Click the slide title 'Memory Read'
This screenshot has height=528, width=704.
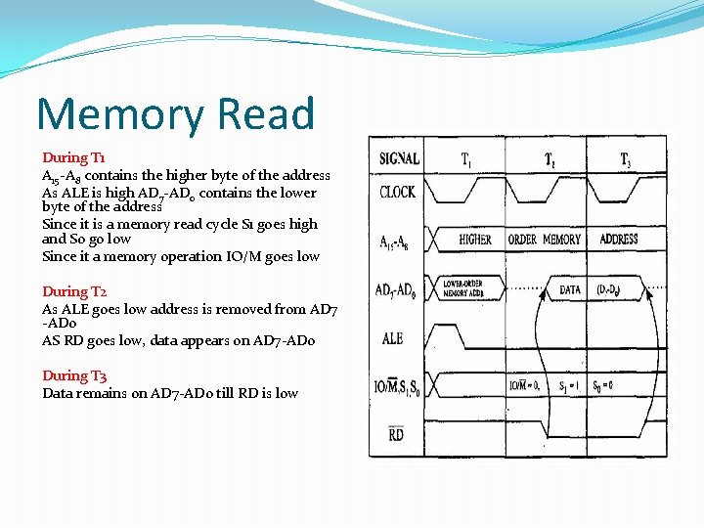[176, 113]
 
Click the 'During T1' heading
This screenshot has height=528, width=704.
[74, 157]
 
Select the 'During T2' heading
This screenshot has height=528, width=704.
[74, 291]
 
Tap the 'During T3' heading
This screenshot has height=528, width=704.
[74, 375]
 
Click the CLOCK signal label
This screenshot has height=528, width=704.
[397, 192]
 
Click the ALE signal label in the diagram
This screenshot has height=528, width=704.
[391, 338]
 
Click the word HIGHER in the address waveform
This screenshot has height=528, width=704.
[475, 240]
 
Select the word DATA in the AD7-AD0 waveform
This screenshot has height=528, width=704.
[570, 289]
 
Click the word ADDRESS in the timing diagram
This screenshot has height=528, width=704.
[619, 240]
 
